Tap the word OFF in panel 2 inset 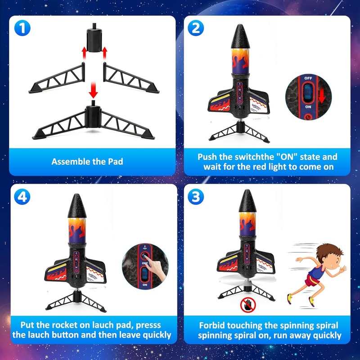click(x=308, y=78)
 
